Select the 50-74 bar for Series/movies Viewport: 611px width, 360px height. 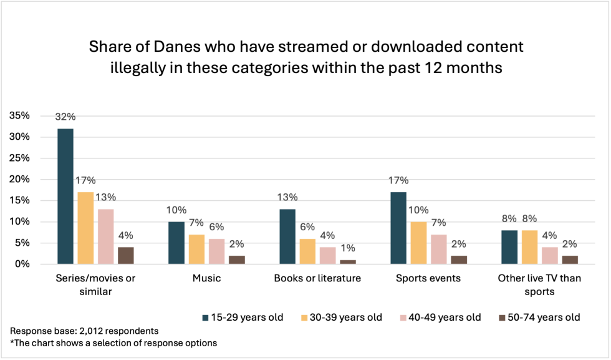pos(125,255)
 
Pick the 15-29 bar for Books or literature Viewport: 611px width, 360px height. pos(287,236)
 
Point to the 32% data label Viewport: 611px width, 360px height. pos(65,117)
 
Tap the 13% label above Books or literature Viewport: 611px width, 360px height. pos(287,197)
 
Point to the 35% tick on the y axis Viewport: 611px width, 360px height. pos(19,116)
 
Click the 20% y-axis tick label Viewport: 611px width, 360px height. pos(19,180)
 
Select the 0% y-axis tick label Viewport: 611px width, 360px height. pos(21,265)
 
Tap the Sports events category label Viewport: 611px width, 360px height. pos(428,278)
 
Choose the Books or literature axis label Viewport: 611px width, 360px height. pos(317,278)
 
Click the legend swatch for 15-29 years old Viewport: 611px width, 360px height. pos(205,318)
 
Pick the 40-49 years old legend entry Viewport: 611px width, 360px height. pos(442,318)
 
